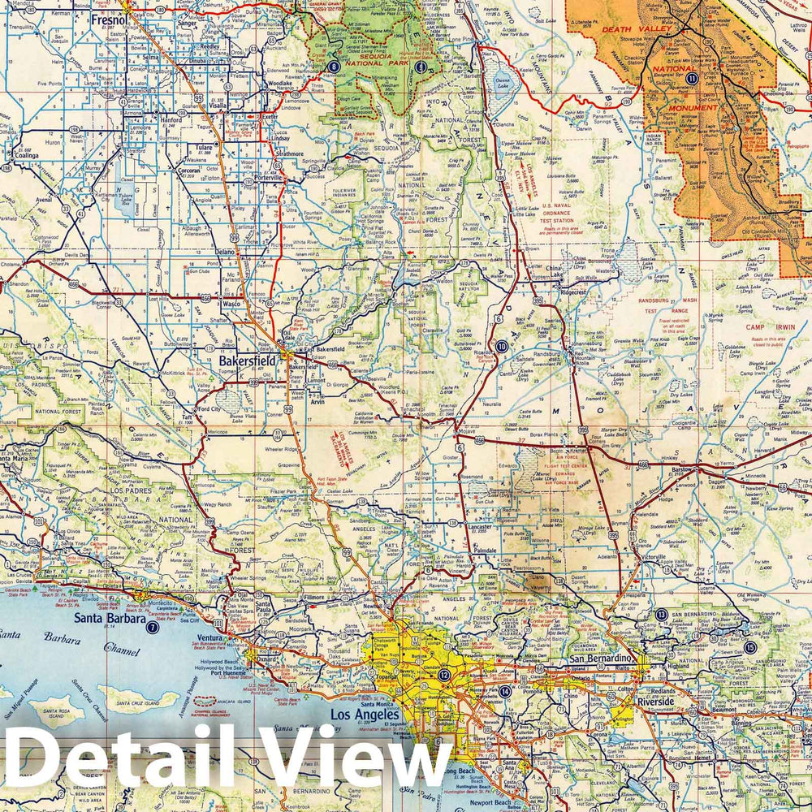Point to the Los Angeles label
(362, 714)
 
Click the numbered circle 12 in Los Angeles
(444, 675)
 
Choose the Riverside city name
(654, 701)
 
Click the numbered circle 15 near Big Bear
(749, 647)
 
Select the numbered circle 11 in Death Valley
(691, 79)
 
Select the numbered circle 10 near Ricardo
(502, 346)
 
